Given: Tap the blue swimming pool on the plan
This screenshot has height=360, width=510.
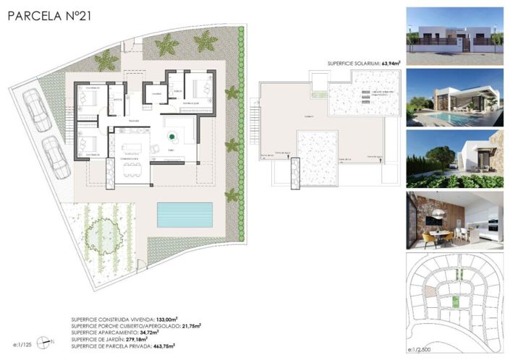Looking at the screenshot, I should pyautogui.click(x=185, y=213).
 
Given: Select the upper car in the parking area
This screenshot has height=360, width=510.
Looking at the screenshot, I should pyautogui.click(x=34, y=111).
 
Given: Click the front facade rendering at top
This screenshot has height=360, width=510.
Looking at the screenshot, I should pyautogui.click(x=454, y=33).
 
